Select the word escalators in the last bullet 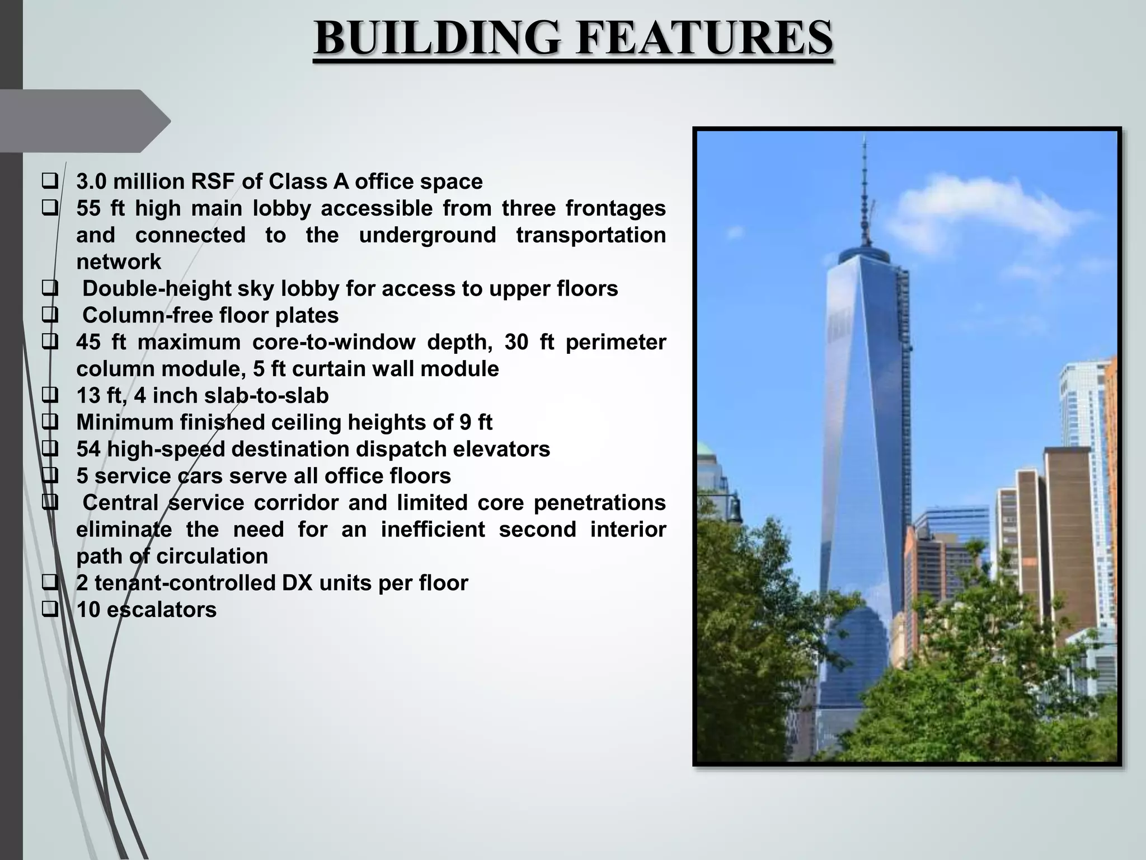pos(161,610)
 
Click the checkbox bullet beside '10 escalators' pos(50,610)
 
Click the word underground pos(427,235)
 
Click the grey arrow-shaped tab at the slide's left pos(84,121)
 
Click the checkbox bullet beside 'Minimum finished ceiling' pos(50,423)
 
